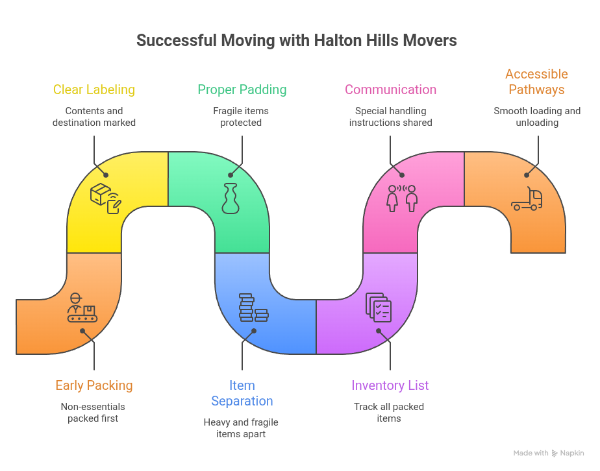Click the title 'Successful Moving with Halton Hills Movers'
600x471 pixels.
[296, 41]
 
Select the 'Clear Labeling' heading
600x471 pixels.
[94, 90]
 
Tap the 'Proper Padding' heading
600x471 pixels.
[242, 90]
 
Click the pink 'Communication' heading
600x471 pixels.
[390, 90]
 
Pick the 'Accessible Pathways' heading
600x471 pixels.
[536, 82]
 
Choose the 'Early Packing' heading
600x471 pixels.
[94, 385]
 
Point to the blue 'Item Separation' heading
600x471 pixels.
[242, 393]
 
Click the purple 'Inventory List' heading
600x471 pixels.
[390, 385]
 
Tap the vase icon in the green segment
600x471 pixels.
[230, 199]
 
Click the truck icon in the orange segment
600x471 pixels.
[527, 200]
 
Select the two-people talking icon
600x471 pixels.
[401, 198]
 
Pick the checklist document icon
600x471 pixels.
[379, 307]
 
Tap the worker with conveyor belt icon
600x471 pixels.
[81, 308]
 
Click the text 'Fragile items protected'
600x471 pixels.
[241, 117]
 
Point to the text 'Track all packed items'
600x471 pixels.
[389, 413]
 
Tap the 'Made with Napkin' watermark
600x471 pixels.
[548, 453]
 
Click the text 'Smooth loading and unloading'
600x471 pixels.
[537, 117]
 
